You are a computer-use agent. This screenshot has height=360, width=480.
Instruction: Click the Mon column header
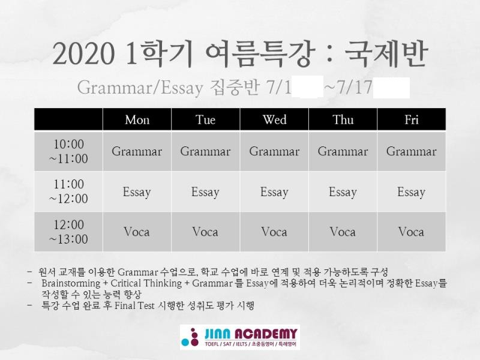pyautogui.click(x=137, y=119)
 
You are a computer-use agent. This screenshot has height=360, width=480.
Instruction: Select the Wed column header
pyautogui.click(x=274, y=119)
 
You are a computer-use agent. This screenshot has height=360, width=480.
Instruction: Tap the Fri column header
pyautogui.click(x=412, y=119)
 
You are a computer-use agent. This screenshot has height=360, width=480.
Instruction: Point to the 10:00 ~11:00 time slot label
pyautogui.click(x=68, y=151)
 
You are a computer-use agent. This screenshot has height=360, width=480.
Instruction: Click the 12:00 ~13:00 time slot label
pyautogui.click(x=68, y=232)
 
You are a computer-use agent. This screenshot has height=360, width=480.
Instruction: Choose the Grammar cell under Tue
pyautogui.click(x=205, y=151)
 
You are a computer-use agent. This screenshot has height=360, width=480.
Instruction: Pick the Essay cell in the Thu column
pyautogui.click(x=343, y=192)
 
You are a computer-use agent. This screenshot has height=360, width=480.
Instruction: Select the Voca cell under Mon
pyautogui.click(x=137, y=232)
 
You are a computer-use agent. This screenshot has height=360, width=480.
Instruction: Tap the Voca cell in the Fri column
pyautogui.click(x=411, y=232)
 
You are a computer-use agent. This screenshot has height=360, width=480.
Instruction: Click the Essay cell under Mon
pyautogui.click(x=137, y=192)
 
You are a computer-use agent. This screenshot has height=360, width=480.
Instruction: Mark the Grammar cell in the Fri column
pyautogui.click(x=412, y=151)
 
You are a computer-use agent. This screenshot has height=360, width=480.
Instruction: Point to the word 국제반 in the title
pyautogui.click(x=386, y=54)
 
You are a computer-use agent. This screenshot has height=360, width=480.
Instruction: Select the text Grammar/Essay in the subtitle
pyautogui.click(x=140, y=88)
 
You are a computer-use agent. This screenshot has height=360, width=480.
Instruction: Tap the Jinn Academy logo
pyautogui.click(x=239, y=337)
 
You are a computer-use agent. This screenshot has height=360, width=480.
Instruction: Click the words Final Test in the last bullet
pyautogui.click(x=134, y=305)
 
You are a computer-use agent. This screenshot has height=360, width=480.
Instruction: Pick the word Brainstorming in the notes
pyautogui.click(x=71, y=283)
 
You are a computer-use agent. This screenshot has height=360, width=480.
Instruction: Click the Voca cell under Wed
pyautogui.click(x=274, y=232)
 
